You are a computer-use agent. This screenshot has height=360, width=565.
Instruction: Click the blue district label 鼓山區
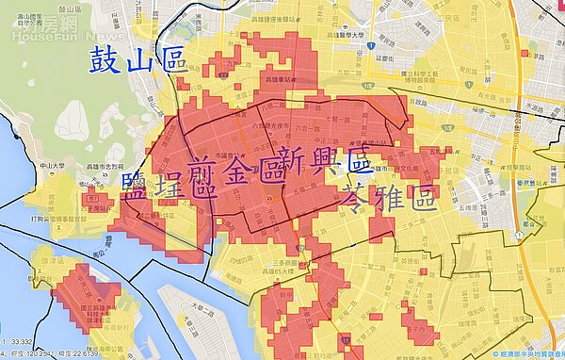(x=137, y=62)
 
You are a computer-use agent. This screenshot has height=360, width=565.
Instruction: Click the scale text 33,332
(x=21, y=342)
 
